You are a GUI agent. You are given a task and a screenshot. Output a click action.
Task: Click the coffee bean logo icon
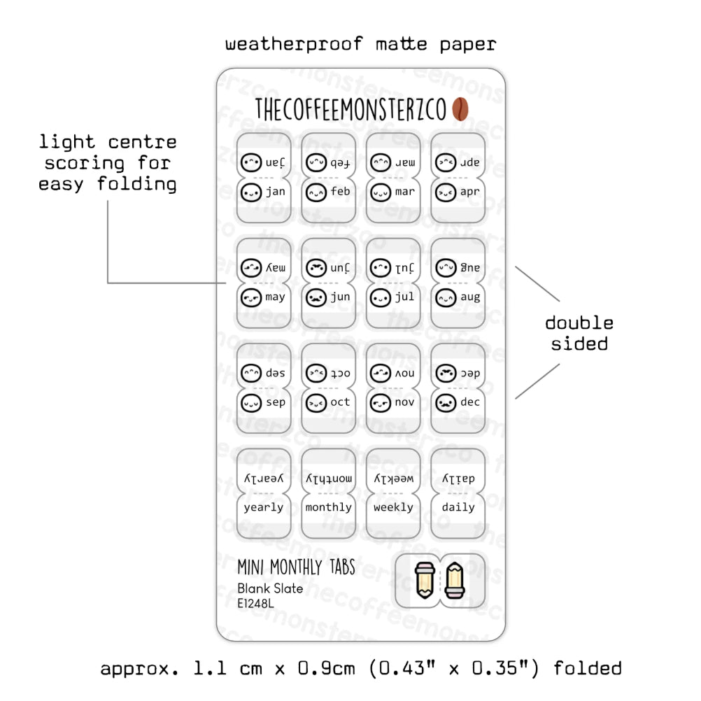(x=461, y=109)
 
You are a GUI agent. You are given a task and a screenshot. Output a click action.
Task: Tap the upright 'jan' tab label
(x=276, y=192)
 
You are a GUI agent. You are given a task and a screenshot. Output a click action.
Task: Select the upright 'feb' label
(x=341, y=192)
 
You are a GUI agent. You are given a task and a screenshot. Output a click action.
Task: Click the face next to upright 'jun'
(x=316, y=297)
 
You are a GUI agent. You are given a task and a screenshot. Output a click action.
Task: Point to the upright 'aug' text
(x=470, y=297)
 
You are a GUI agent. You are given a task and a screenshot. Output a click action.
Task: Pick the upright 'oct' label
(x=341, y=402)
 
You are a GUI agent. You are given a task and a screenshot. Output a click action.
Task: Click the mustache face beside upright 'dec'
(x=446, y=402)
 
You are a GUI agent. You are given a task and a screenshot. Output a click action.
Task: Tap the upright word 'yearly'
(x=264, y=507)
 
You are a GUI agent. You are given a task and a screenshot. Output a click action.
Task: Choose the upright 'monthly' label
(x=328, y=507)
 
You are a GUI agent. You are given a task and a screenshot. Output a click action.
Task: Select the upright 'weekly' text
(x=393, y=507)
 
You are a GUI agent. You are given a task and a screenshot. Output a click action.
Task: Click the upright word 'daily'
(x=458, y=507)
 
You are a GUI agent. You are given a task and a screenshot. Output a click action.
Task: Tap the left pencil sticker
(x=423, y=580)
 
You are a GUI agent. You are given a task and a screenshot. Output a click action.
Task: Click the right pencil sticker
(x=455, y=580)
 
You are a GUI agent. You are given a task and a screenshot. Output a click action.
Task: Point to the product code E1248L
(x=256, y=602)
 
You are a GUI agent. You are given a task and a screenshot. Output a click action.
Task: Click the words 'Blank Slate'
(x=270, y=588)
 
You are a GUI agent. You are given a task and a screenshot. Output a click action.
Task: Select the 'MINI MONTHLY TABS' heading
(x=296, y=567)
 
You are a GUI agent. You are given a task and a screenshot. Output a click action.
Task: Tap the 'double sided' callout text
(x=579, y=333)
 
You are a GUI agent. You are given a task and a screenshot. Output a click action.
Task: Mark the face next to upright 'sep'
(x=250, y=402)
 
